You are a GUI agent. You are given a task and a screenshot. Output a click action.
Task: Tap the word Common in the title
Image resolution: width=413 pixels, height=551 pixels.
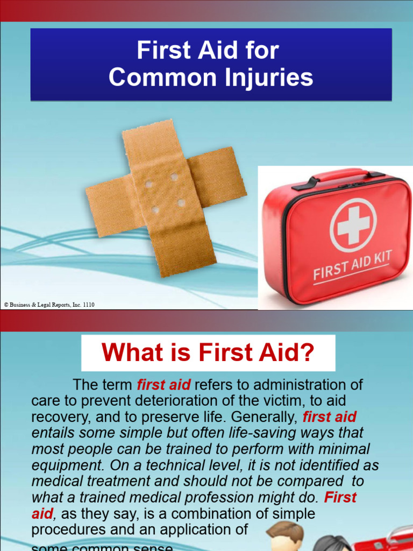click(x=156, y=77)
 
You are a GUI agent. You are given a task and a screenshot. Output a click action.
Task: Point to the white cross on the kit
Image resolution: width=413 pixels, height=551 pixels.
click(x=353, y=225)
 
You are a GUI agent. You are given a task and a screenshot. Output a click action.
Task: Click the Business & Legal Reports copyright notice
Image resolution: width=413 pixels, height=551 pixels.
click(x=49, y=305)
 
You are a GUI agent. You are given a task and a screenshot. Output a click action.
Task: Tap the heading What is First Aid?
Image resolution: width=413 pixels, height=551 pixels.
click(x=208, y=352)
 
